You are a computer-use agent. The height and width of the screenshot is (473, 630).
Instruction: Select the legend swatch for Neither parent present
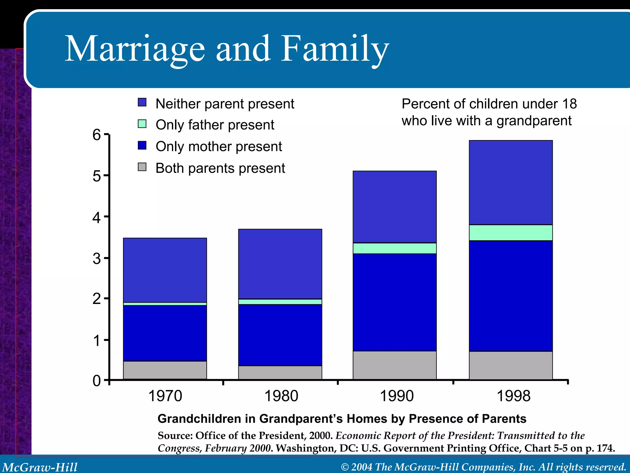click(142, 102)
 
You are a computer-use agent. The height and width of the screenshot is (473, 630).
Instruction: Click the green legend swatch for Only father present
click(142, 124)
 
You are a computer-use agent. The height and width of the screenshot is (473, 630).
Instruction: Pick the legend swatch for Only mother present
click(142, 145)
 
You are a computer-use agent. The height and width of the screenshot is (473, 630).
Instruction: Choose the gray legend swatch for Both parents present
click(142, 167)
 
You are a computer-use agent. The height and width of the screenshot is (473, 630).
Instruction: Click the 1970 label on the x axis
click(165, 396)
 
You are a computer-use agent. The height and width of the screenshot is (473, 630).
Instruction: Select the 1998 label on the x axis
click(513, 396)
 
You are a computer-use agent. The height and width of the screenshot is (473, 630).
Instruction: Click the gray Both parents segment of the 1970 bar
click(165, 370)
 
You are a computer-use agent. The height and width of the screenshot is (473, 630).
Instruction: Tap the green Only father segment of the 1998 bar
click(511, 233)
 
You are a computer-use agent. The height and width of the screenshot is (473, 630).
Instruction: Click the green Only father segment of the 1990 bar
click(395, 248)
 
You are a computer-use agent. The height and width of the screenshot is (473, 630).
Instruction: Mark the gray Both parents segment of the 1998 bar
click(511, 365)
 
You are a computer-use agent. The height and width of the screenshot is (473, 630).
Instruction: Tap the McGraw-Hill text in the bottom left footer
click(40, 467)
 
